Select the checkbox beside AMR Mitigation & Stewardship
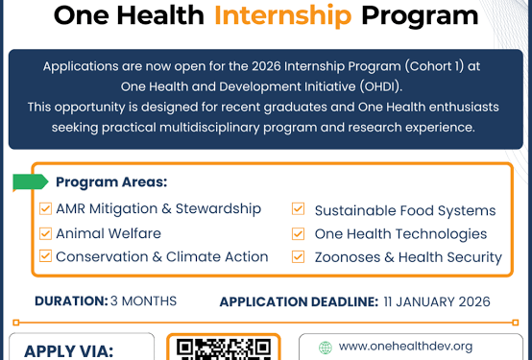point(45,208)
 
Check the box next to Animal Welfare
point(45,233)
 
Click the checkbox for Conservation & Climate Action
point(45,256)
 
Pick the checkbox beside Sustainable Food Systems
point(299,209)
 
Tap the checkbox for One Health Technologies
point(299,233)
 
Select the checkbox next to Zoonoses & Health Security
point(299,256)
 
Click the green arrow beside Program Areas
point(30,182)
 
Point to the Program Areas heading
point(111,182)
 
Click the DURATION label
point(70,300)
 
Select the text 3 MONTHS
point(144,300)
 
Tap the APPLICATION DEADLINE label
point(299,301)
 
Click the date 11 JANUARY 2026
point(437,301)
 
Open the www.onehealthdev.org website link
point(405,347)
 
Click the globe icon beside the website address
point(325,348)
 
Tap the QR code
point(225,349)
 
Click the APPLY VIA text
point(68,351)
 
